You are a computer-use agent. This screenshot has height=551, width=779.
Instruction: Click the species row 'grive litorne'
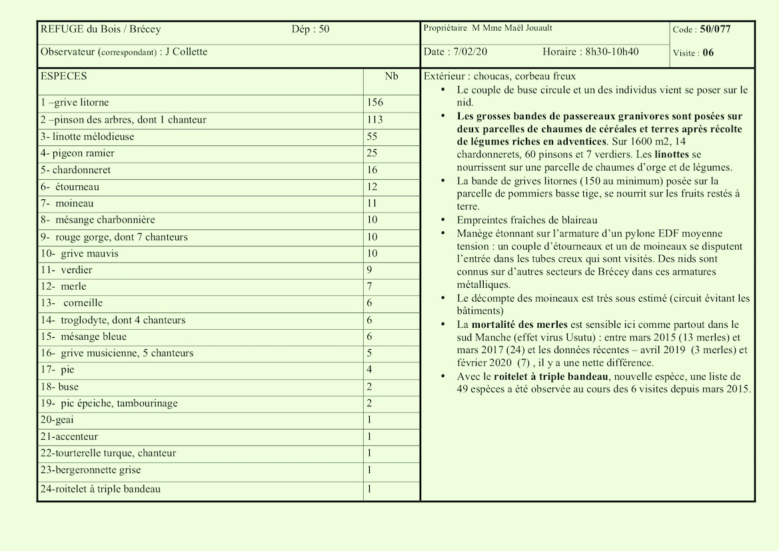click(x=74, y=103)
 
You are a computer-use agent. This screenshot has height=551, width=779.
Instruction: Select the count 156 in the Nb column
click(x=375, y=103)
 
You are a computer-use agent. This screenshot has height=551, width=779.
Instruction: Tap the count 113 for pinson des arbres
click(x=375, y=120)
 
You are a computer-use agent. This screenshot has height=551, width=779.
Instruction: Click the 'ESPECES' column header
click(x=63, y=77)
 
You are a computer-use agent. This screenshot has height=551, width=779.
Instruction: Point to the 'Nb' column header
click(x=391, y=77)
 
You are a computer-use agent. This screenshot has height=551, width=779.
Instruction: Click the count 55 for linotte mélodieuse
click(x=372, y=137)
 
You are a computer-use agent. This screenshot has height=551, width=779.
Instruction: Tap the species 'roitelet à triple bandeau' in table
click(x=101, y=489)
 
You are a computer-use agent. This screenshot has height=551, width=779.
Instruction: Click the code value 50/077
click(x=715, y=29)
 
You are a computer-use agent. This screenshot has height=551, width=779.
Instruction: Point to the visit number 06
click(x=708, y=53)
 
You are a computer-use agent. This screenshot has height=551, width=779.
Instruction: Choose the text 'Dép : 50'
click(x=310, y=29)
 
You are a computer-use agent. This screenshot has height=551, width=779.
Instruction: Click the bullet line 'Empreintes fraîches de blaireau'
click(x=527, y=220)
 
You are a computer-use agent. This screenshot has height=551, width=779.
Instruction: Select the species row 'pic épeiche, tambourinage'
click(x=109, y=403)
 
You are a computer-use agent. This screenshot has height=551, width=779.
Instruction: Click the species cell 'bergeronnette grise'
click(x=91, y=470)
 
